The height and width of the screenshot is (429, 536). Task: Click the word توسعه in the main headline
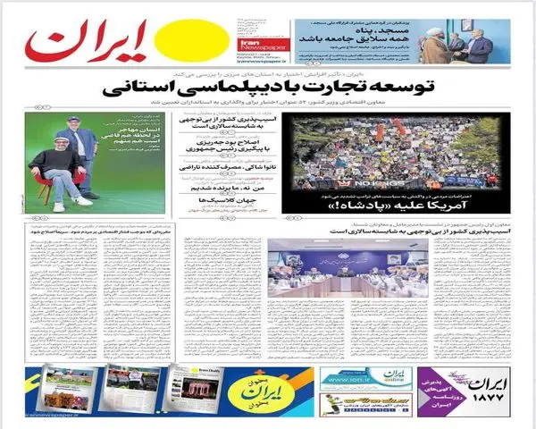click(x=386, y=89)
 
